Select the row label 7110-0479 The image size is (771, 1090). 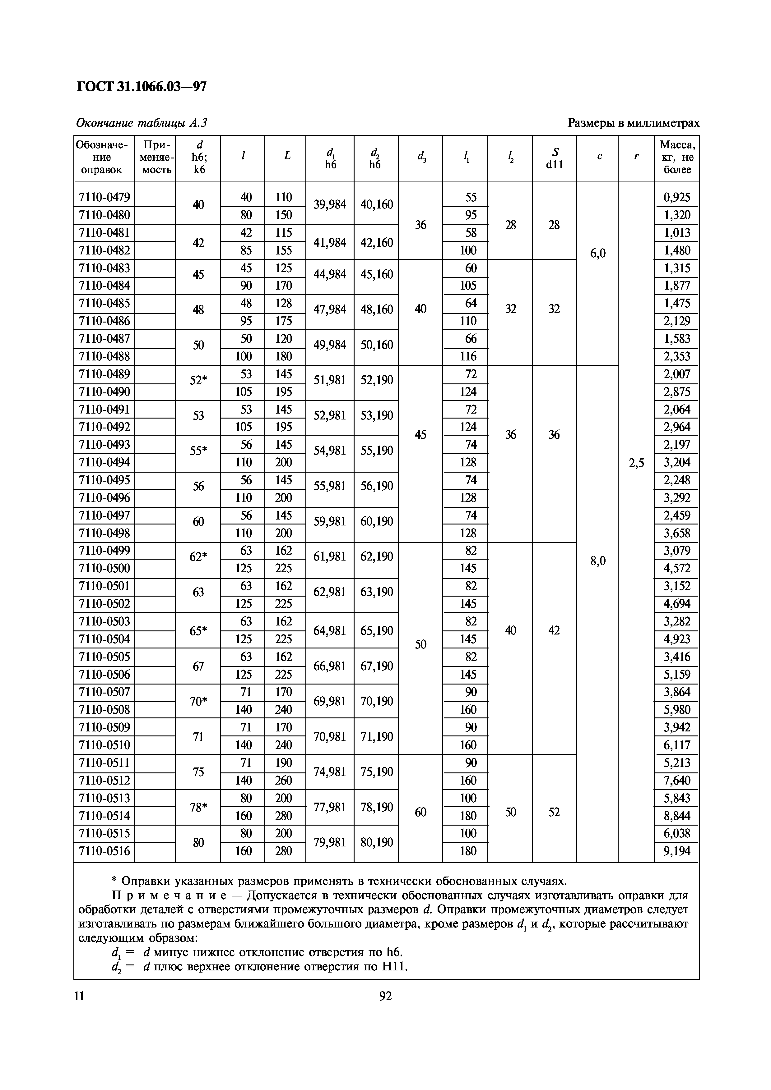[104, 197]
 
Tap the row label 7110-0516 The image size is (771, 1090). [104, 851]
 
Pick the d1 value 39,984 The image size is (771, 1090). [330, 205]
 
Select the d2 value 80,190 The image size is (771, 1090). [376, 842]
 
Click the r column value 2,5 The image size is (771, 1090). [636, 463]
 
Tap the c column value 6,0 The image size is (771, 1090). [597, 254]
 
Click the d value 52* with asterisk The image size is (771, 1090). [198, 380]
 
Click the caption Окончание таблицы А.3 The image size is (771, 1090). [142, 123]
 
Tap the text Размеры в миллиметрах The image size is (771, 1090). [633, 123]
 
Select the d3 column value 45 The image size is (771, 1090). [420, 434]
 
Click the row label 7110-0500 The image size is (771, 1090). [104, 568]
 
